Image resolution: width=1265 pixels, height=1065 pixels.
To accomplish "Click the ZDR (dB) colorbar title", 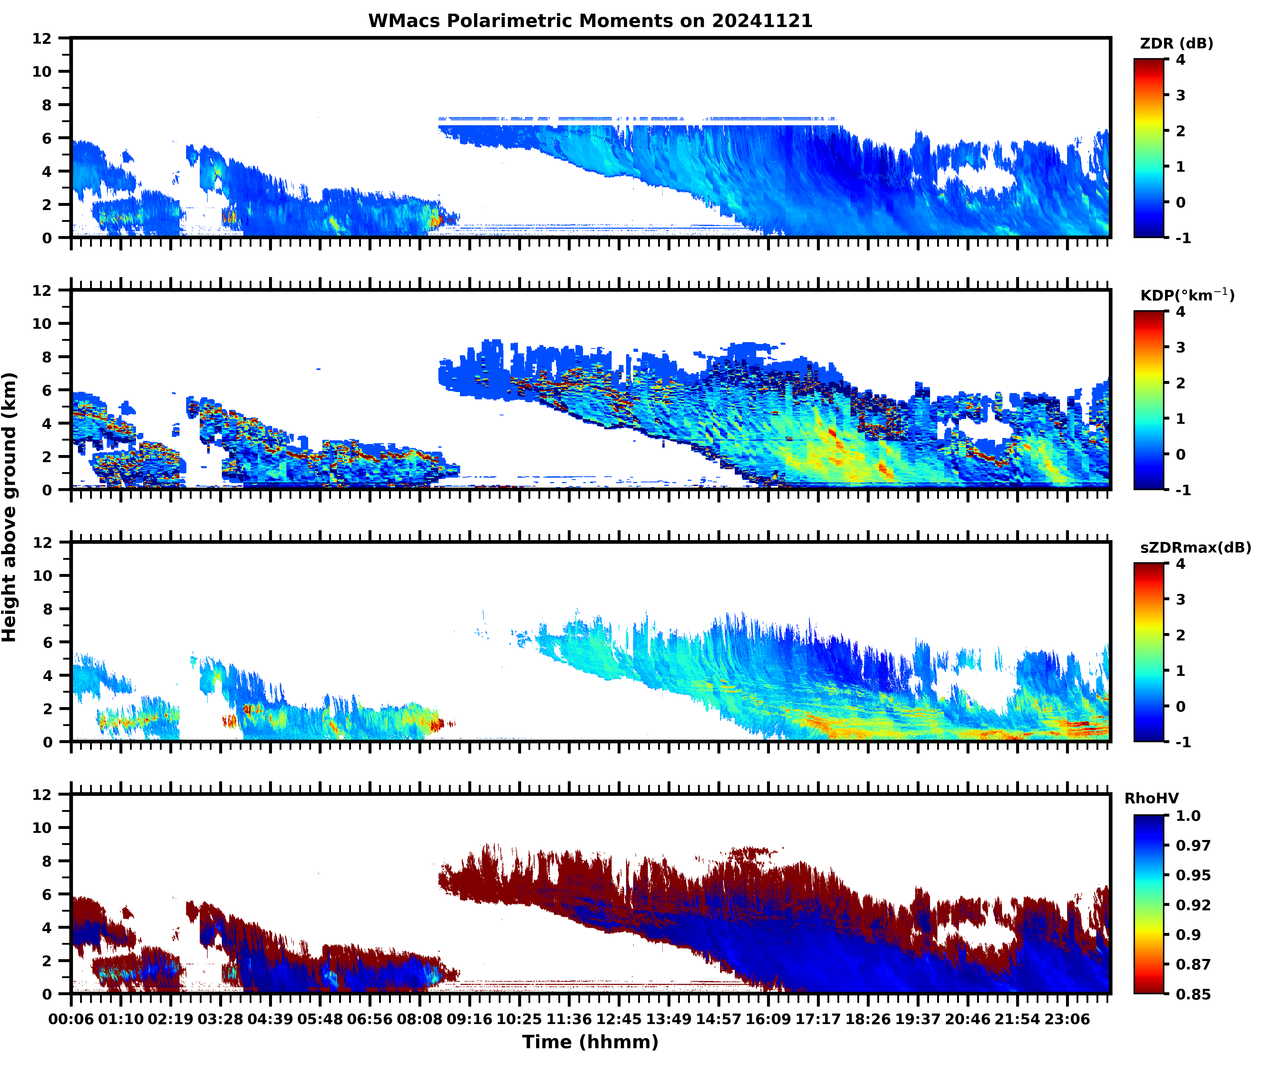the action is point(1176,44).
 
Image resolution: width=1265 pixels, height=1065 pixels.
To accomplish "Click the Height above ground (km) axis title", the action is point(9,507).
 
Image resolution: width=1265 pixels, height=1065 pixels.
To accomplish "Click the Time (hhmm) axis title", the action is point(590,1041).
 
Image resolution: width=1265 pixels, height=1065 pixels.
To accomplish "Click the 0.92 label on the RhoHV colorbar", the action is point(1193,904).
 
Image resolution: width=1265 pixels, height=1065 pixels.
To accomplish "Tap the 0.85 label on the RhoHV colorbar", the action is point(1193,994).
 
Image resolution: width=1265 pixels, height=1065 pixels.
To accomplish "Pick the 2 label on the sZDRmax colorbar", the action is point(1180,635).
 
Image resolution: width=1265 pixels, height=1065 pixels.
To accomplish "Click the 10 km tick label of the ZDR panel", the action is point(42,71).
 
